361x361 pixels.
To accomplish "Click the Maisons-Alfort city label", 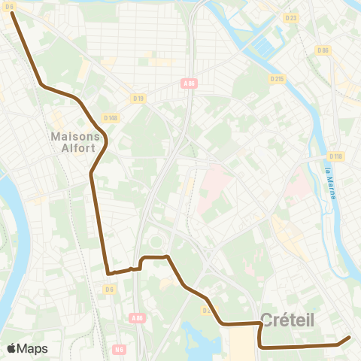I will pyautogui.click(x=75, y=142).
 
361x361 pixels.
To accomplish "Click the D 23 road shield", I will pyautogui.click(x=291, y=17).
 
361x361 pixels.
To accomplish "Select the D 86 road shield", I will pyautogui.click(x=323, y=50).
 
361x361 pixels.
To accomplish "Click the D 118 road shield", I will pyautogui.click(x=335, y=156).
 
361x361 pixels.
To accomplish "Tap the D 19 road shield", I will pyautogui.click(x=138, y=97).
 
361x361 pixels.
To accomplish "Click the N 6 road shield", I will pyautogui.click(x=119, y=349).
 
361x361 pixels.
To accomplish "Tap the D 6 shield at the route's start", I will pyautogui.click(x=10, y=7).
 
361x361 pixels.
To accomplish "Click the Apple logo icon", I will pyautogui.click(x=11, y=348).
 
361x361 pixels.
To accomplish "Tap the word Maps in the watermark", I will pyautogui.click(x=32, y=348).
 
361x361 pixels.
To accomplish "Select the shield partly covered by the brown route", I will pyautogui.click(x=207, y=309).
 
